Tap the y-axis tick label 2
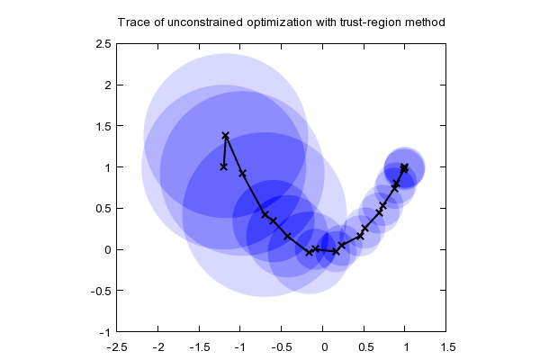(108, 85)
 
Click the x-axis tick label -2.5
(118, 346)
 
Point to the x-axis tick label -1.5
(200, 346)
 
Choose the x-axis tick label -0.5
(282, 346)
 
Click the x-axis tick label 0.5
(364, 346)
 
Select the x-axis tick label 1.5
(446, 346)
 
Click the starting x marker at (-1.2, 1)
(224, 166)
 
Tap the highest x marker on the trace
(226, 136)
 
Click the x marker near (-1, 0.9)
(242, 173)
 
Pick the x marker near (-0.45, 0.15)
(287, 236)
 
